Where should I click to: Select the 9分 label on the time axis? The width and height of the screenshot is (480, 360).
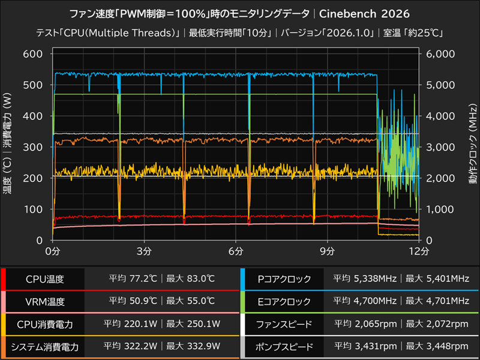[327, 250]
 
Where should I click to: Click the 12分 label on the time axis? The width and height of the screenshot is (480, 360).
[418, 250]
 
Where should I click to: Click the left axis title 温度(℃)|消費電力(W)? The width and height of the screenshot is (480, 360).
[8, 147]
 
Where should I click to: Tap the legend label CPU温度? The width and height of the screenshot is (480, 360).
[45, 279]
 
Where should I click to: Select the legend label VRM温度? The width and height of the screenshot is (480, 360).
[45, 301]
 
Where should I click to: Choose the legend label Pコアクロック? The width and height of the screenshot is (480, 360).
[283, 279]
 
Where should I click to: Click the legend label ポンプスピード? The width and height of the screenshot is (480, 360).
[283, 346]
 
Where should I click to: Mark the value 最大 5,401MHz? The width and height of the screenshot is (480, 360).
[436, 279]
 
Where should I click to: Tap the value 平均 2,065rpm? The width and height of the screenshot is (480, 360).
[367, 324]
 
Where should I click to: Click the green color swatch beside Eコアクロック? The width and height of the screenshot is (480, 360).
[242, 301]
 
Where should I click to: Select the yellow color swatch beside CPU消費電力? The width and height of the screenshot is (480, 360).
[4, 324]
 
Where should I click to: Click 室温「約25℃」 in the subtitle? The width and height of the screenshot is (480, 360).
[415, 32]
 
